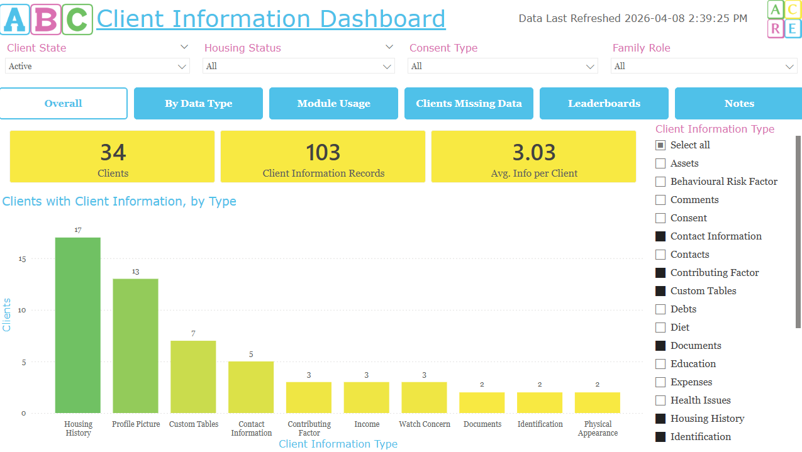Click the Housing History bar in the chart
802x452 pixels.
click(78, 325)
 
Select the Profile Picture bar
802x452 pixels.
click(135, 346)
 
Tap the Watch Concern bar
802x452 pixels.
click(425, 397)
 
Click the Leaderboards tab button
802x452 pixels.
click(604, 104)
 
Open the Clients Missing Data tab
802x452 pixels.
click(469, 104)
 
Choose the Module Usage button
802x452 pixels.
click(333, 104)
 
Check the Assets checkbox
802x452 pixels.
click(660, 163)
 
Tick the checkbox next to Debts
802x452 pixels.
click(660, 309)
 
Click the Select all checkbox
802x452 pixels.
click(660, 145)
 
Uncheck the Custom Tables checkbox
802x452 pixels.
click(660, 291)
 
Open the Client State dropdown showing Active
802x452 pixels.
click(97, 66)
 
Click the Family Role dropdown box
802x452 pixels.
click(704, 66)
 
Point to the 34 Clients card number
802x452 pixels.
click(113, 153)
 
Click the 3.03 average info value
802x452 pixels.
click(533, 153)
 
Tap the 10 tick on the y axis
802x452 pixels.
click(23, 311)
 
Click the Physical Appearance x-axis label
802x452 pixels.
click(598, 429)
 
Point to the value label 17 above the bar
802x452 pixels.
click(78, 230)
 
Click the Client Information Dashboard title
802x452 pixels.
click(271, 19)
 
